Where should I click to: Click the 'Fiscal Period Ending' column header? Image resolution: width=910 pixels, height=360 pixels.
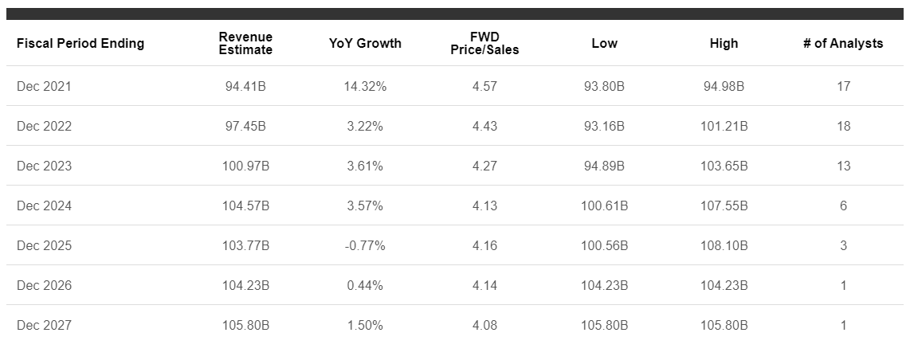(x=80, y=44)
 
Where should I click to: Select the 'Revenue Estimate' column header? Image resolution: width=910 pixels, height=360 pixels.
(x=245, y=44)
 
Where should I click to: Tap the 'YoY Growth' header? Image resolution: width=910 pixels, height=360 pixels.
(x=365, y=44)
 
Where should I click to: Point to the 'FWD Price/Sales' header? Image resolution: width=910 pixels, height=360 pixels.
(x=484, y=44)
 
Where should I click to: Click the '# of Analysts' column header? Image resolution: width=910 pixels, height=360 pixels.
(x=843, y=44)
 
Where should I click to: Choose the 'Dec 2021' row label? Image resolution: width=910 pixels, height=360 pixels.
(x=44, y=86)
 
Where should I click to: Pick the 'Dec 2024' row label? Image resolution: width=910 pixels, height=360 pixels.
(x=44, y=205)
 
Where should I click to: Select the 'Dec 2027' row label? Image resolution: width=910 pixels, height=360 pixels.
(x=44, y=325)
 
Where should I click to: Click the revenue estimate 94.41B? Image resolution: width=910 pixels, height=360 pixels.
(x=245, y=86)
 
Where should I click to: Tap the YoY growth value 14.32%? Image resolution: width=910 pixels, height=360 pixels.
(x=365, y=86)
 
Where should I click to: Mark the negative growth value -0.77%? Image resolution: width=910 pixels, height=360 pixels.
(x=365, y=245)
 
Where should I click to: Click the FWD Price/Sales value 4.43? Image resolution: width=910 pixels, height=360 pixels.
(x=484, y=126)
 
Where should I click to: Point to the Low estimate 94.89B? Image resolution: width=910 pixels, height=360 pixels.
(x=604, y=166)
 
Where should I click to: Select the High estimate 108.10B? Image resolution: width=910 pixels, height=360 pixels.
(x=724, y=245)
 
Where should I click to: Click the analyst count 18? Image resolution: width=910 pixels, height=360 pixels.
(x=843, y=126)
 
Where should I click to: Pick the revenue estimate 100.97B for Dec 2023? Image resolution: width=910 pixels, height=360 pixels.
(x=245, y=166)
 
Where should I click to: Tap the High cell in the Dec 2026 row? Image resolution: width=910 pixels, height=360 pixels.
(x=724, y=285)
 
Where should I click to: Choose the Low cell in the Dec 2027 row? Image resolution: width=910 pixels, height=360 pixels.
(x=604, y=325)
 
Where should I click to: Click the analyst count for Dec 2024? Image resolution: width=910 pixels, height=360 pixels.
(x=843, y=205)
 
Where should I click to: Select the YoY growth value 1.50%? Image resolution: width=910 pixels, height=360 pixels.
(x=365, y=325)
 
